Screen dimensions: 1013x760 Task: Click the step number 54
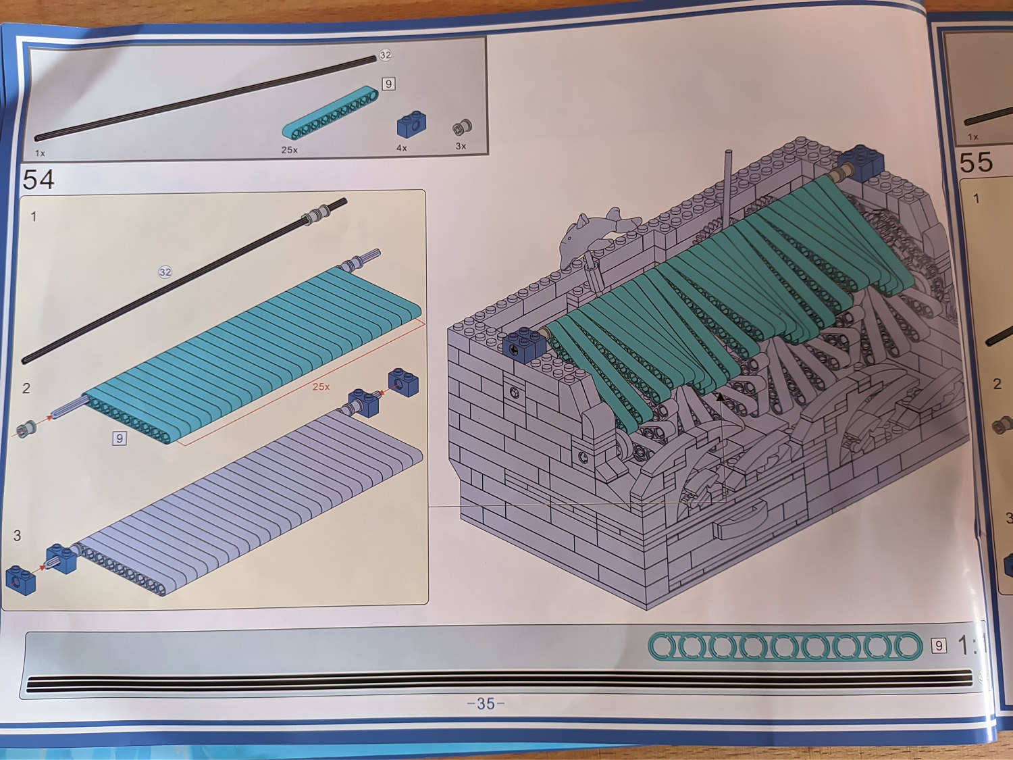coord(38,179)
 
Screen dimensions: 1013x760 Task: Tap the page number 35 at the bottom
coord(486,703)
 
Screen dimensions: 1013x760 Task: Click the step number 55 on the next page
coord(976,162)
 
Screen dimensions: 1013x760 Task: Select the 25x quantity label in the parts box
coord(289,149)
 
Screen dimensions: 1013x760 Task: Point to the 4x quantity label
coord(402,148)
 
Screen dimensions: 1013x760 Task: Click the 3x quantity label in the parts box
coord(461,146)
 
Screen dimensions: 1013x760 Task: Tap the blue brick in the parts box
coord(412,124)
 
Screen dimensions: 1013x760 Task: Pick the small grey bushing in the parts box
coord(462,127)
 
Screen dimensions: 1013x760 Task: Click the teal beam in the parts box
coord(330,112)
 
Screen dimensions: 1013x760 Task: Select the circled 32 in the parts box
coord(386,55)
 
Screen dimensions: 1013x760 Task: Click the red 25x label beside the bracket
coord(321,386)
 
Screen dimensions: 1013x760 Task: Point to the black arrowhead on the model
coord(719,397)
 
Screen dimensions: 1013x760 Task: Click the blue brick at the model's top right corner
coord(860,163)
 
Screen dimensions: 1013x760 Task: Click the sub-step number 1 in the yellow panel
coord(33,216)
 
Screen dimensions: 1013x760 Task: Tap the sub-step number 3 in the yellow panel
coord(17,535)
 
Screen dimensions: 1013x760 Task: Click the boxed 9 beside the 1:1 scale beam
coord(938,646)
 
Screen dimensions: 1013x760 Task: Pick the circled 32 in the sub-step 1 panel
coord(165,272)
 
